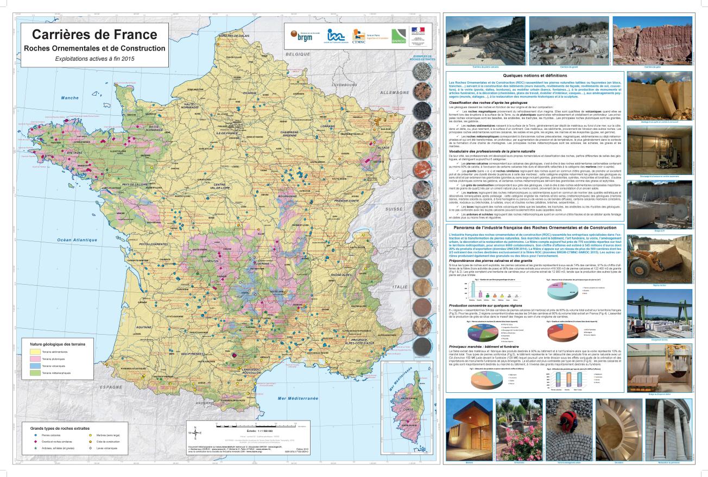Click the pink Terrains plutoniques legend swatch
pyautogui.click(x=33, y=360)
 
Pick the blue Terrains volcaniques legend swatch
pyautogui.click(x=33, y=367)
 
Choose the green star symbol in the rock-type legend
pyautogui.click(x=35, y=448)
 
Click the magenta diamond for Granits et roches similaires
pyautogui.click(x=35, y=442)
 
